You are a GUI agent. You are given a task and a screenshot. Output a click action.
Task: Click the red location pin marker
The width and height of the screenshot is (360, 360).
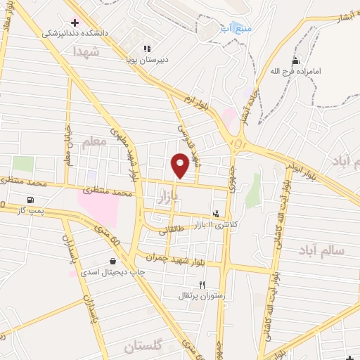[180, 165]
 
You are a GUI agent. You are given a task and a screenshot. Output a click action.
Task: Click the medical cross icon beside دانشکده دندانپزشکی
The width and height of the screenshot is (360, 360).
[75, 22]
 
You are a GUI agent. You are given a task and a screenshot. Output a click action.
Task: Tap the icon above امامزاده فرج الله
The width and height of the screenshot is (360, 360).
[296, 61]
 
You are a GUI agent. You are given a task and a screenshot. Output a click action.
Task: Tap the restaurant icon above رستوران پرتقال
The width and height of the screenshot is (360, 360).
[202, 285]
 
